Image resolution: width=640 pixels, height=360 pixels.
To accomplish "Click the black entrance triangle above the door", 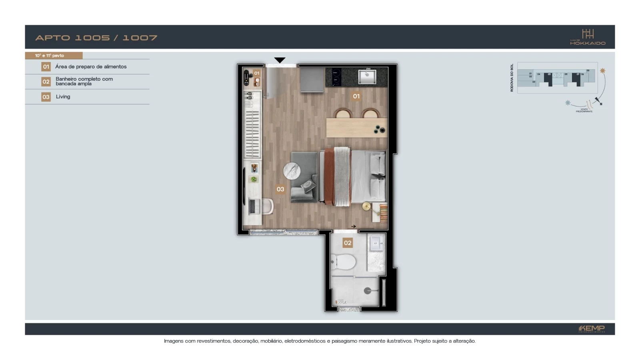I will pos(280,60).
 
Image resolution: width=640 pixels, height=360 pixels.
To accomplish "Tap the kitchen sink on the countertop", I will pos(367,76).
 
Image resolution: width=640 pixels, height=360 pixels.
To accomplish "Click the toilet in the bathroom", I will pos(344,262).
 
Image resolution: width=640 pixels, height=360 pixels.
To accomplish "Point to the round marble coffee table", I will pos(292,171).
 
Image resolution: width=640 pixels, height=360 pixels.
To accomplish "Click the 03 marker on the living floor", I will pos(280,189).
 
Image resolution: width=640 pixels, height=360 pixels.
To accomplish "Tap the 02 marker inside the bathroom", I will pos(348,243).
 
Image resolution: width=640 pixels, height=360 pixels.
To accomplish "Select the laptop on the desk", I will pos(252,206).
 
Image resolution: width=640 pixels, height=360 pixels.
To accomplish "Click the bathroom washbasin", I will pos(376,243).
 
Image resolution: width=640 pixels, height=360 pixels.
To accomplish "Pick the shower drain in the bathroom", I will pos(367,291).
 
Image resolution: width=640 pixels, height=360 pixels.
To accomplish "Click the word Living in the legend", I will pos(63,97).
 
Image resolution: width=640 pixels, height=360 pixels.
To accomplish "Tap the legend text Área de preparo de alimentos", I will pos(91,67).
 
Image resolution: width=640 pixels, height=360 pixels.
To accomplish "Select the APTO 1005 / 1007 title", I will pos(96,38).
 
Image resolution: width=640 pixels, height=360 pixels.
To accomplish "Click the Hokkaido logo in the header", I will pos(588,37).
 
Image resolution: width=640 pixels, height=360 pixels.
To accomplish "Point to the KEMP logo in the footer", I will pos(592,329).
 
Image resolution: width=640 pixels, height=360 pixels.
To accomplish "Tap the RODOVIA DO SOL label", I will pos(512,78).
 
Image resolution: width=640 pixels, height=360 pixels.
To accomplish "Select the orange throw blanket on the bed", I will pos(329,176).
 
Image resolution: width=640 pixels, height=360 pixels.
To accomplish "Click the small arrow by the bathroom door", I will pos(354,226).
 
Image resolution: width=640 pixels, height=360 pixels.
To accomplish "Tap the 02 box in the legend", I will pos(46,82).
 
